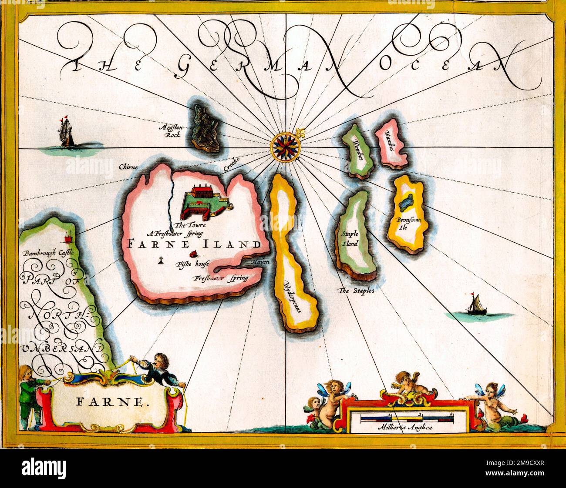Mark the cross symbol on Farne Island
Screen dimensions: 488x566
click(x=161, y=261)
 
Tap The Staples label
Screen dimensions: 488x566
click(x=357, y=291)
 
